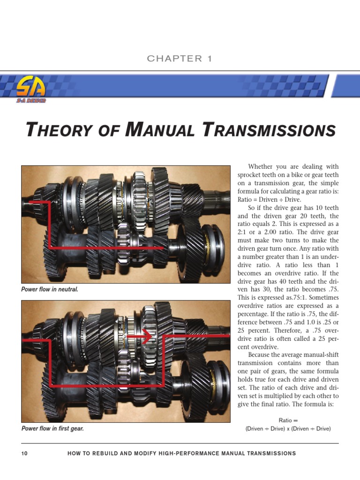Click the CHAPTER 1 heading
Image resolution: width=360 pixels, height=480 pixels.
tap(180, 59)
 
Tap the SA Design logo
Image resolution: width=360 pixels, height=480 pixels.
tap(31, 90)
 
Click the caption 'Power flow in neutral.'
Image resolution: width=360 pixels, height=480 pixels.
tap(50, 289)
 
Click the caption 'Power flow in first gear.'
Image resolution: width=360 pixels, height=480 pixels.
tap(52, 428)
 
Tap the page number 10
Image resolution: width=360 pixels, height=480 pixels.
tap(25, 453)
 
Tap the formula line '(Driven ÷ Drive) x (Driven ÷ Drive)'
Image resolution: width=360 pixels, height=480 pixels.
tap(288, 428)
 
